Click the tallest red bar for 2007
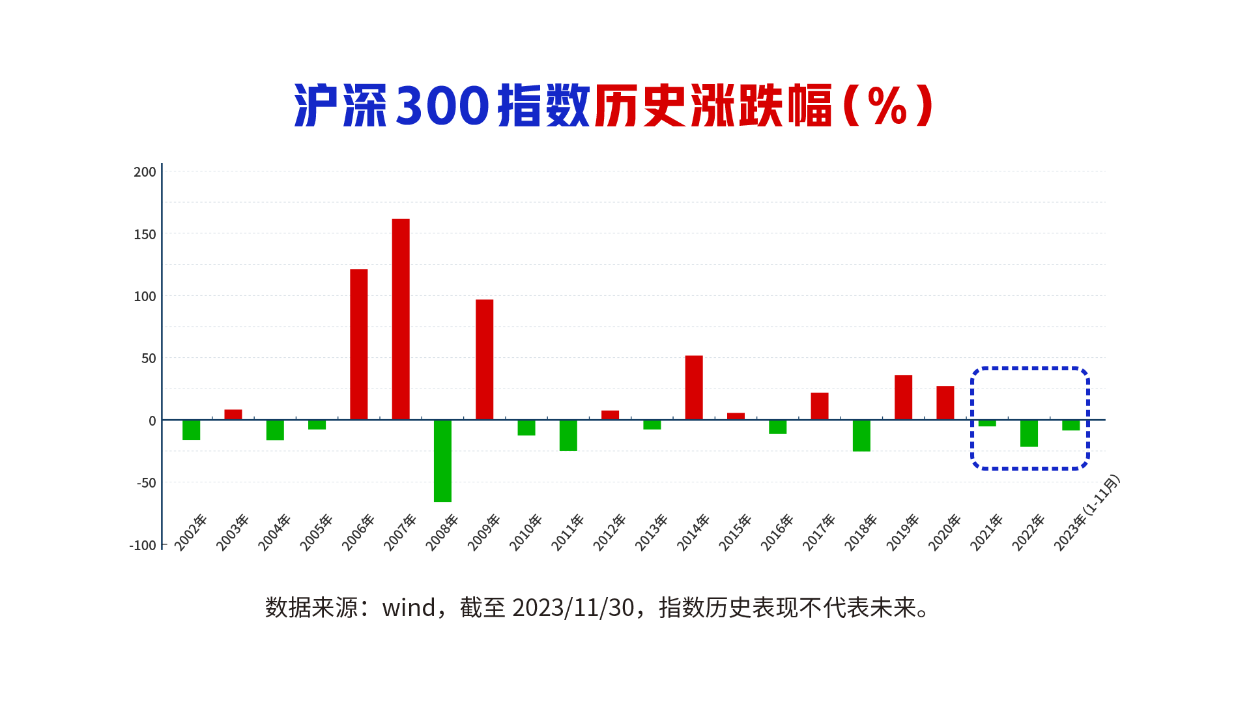tap(401, 319)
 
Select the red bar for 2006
tap(359, 345)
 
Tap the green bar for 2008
tap(442, 461)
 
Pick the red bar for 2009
tap(484, 360)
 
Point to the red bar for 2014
tap(694, 388)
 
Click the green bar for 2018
tap(861, 435)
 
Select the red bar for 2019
tap(903, 398)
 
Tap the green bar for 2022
tap(1029, 433)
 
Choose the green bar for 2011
tap(568, 435)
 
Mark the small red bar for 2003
tap(233, 415)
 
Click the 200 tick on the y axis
tap(145, 172)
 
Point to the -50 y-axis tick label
tap(147, 483)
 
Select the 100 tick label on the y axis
tap(145, 297)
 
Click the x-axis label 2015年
tap(736, 532)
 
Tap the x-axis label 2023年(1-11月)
tap(1087, 512)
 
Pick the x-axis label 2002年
tap(191, 532)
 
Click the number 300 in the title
tap(442, 106)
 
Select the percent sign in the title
tap(887, 106)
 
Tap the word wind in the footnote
tap(409, 608)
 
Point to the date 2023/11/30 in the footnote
tap(573, 608)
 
